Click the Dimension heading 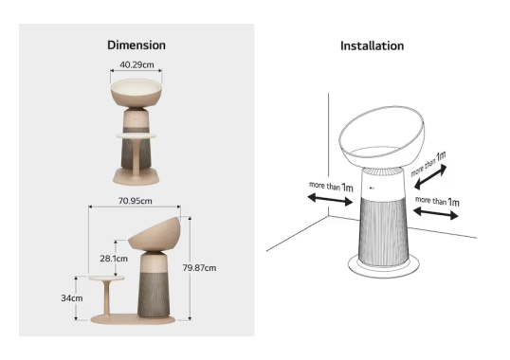137,45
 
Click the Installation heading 373,45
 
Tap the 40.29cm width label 137,64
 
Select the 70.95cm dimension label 135,201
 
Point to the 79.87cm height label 199,268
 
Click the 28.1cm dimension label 114,259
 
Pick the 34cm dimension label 72,297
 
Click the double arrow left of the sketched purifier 330,199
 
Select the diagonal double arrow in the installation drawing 430,177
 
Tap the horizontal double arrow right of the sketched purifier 435,213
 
